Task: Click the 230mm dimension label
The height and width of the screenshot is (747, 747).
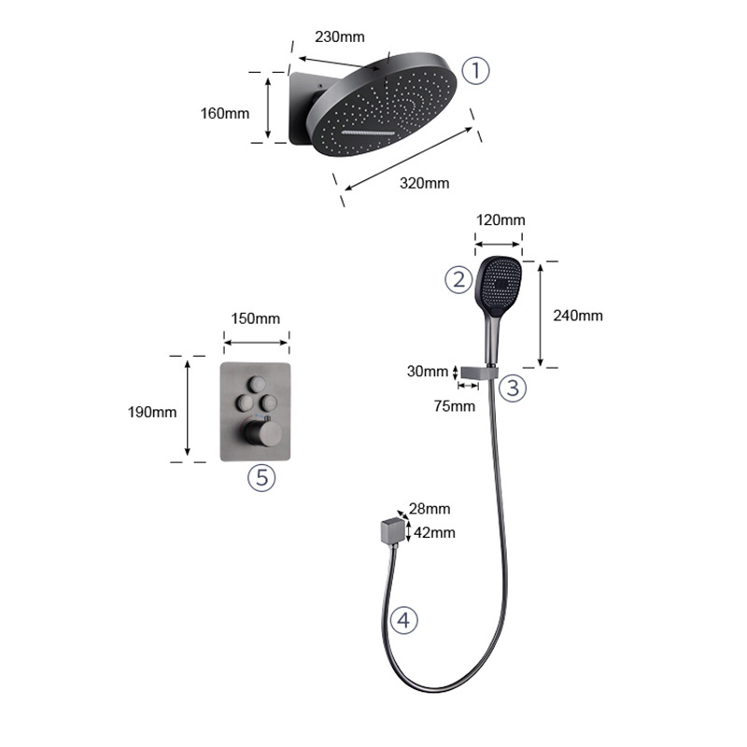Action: coord(340,37)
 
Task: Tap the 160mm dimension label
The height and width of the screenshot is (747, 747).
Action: coord(225,114)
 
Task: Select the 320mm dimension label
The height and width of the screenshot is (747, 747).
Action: coord(424,183)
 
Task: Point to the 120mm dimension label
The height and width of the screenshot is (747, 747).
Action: coord(500,220)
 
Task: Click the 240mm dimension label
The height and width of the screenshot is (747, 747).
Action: coord(578,316)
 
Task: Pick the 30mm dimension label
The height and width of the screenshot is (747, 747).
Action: coord(429,372)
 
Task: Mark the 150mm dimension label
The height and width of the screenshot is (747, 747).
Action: coord(255,318)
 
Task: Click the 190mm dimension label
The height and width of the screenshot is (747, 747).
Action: coord(151,412)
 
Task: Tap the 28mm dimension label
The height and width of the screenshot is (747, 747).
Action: coord(430,509)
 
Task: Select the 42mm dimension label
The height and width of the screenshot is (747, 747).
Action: coord(434,532)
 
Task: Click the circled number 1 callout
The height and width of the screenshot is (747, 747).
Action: coord(476,70)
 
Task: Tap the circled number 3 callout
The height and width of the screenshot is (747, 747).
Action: coord(512,388)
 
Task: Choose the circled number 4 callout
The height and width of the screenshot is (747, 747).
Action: coord(403,619)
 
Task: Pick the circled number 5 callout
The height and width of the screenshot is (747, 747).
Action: coord(262,478)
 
